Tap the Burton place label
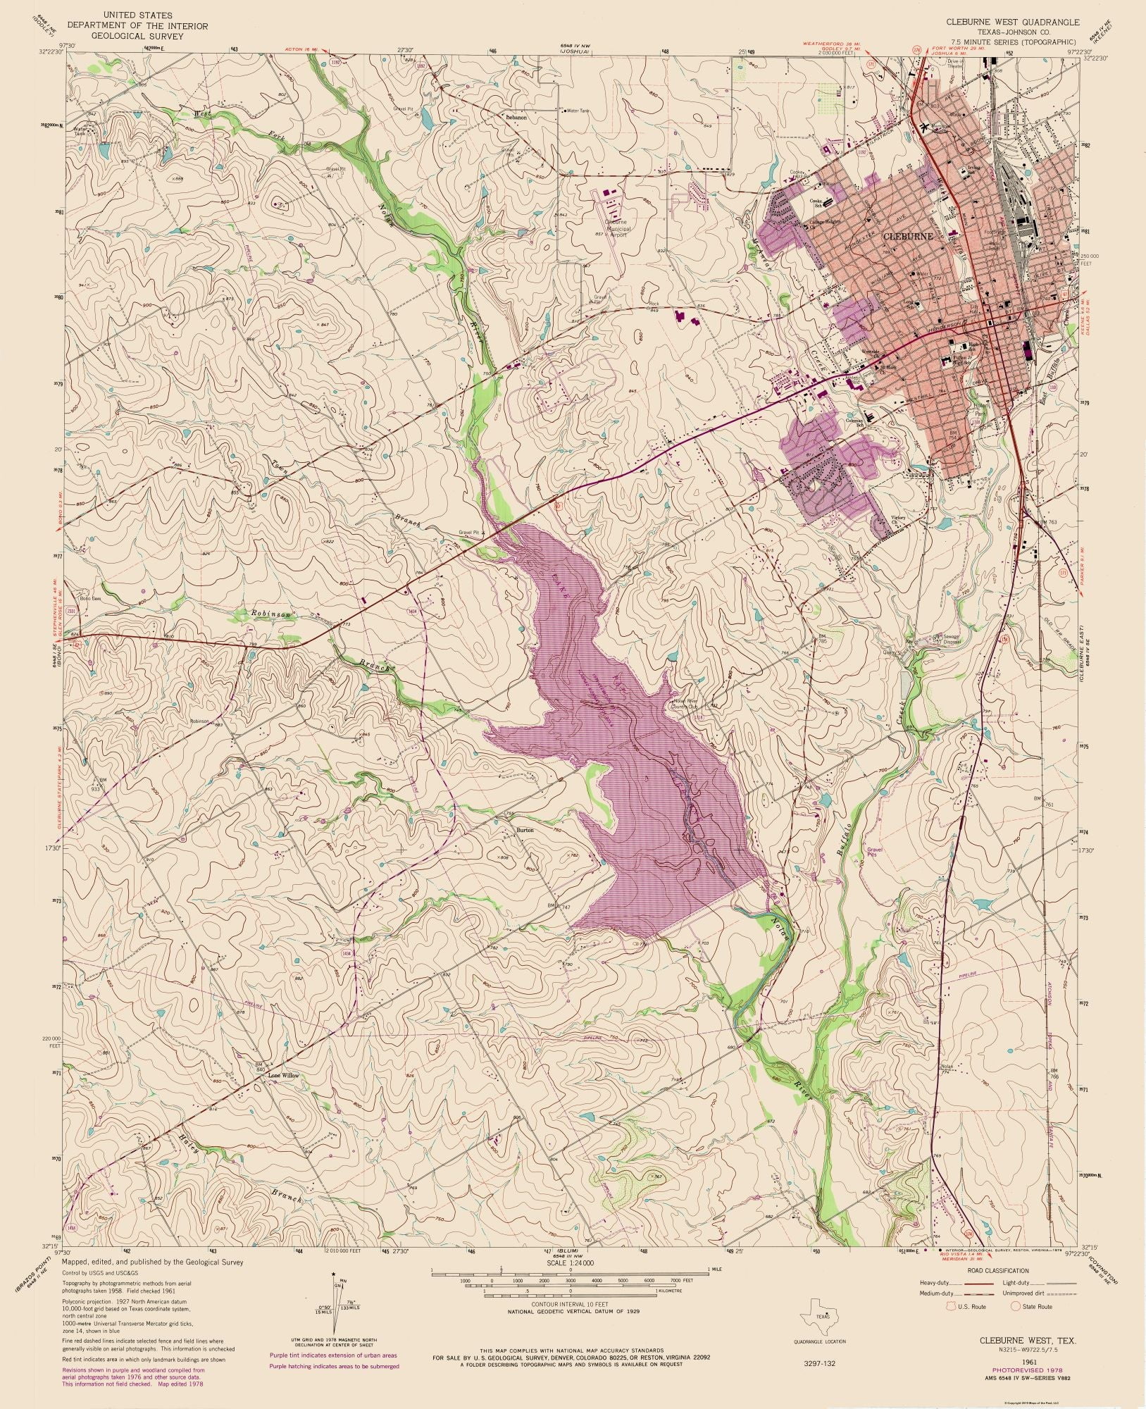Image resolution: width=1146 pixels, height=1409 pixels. click(525, 830)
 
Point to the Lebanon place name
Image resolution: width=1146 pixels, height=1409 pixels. click(516, 118)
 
